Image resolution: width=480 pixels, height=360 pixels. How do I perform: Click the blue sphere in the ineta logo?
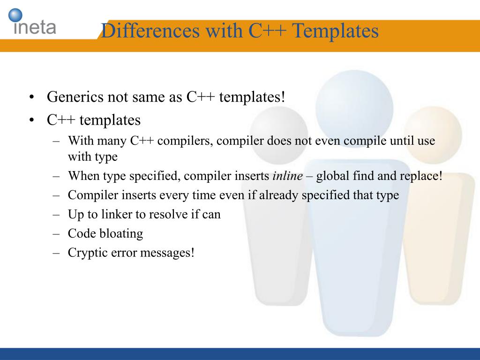pos(15,15)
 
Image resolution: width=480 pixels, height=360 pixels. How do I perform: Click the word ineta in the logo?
pos(35,27)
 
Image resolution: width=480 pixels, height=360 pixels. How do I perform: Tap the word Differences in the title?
pos(150,30)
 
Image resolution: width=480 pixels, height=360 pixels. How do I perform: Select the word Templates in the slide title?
pos(335,31)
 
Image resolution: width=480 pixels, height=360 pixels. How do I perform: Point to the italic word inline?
pos(288,176)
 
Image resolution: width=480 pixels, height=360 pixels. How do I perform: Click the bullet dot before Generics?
pos(31,97)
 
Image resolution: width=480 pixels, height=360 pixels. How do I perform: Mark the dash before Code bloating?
pos(56,234)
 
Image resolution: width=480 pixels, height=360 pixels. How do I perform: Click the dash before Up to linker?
pos(56,215)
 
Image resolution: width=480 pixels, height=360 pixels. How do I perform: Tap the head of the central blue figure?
pos(354,109)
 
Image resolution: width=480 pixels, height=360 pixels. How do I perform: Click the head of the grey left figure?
pos(279,135)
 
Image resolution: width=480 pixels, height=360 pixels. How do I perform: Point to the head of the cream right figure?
pos(433,135)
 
